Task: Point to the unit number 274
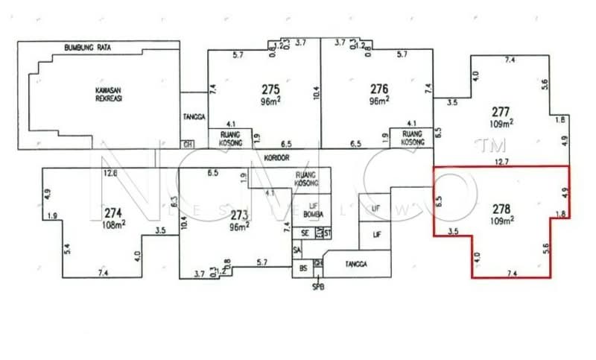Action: click(x=113, y=211)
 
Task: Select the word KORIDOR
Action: click(x=276, y=158)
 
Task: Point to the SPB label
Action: click(x=318, y=286)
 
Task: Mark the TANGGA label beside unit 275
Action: click(x=193, y=117)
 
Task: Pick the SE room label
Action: click(x=305, y=234)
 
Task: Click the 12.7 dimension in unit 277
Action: click(x=501, y=161)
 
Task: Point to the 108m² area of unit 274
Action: click(x=113, y=222)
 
